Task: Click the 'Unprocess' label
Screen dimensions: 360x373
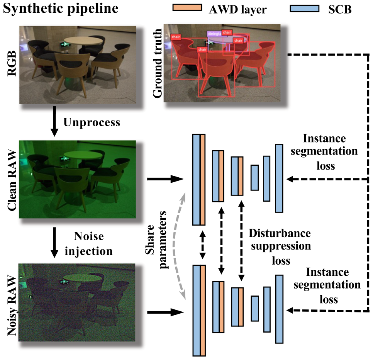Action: coord(92,122)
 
